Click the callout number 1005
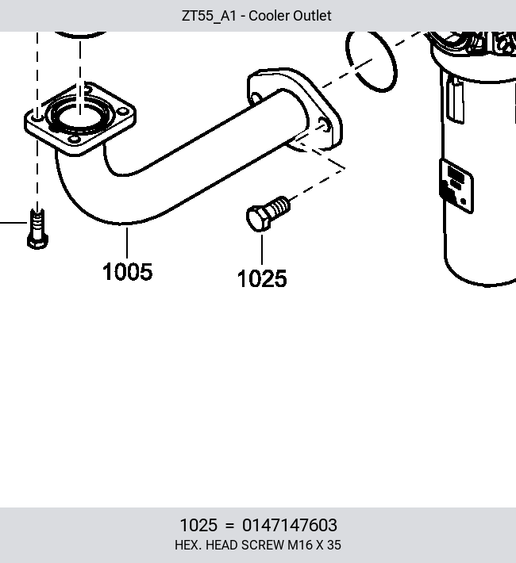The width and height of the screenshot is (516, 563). click(x=127, y=272)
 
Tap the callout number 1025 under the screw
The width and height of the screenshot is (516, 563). click(x=262, y=278)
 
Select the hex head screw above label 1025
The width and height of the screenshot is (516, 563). click(x=268, y=214)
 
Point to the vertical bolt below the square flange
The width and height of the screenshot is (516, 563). click(x=38, y=229)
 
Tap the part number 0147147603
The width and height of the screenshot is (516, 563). click(x=290, y=525)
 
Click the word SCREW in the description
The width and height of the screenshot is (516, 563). click(x=263, y=545)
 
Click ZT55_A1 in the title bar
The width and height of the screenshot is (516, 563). click(x=209, y=16)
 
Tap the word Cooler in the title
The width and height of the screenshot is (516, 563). click(x=269, y=16)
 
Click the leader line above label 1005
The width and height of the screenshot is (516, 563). click(x=127, y=243)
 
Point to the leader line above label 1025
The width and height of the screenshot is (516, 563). click(x=262, y=250)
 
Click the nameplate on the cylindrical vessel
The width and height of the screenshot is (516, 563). click(x=456, y=186)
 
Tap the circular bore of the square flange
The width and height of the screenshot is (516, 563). click(x=80, y=116)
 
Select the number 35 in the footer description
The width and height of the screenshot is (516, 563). click(x=334, y=545)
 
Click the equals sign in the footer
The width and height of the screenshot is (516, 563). click(x=229, y=526)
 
